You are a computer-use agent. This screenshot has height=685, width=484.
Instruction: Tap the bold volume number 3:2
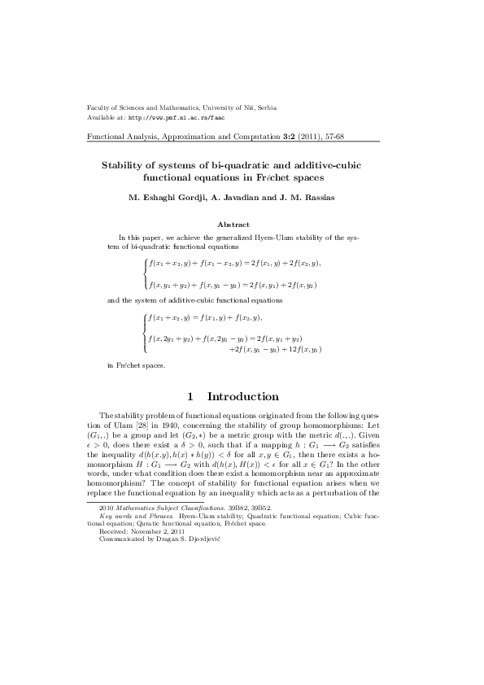coord(260,137)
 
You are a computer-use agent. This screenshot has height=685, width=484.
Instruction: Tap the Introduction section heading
coord(243,397)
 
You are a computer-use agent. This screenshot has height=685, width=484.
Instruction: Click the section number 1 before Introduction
coord(190,397)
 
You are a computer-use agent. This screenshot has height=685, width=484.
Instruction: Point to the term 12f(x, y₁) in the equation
coord(304,349)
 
